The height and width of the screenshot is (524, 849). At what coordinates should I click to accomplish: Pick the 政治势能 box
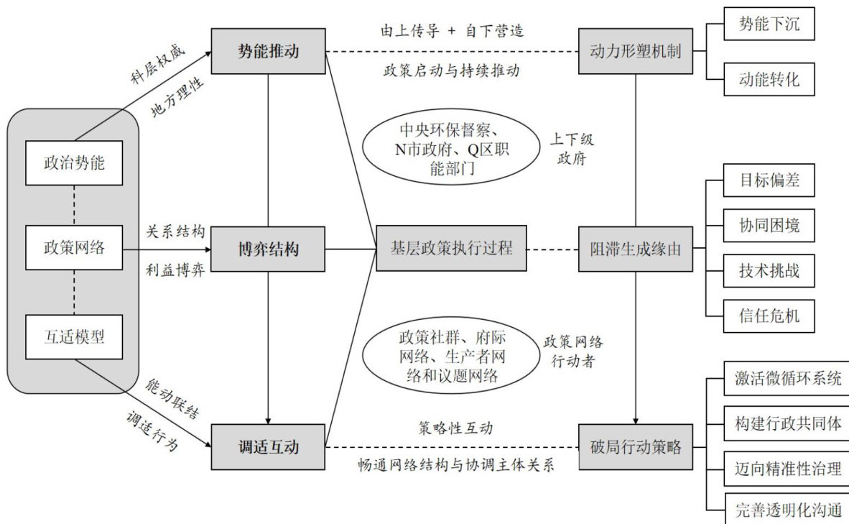pyautogui.click(x=74, y=162)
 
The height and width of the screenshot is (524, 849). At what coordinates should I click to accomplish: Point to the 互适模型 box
pyautogui.click(x=74, y=336)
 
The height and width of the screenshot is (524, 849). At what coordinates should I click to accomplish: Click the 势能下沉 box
pyautogui.click(x=769, y=25)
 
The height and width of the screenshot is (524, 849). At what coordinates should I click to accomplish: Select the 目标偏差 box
pyautogui.click(x=769, y=180)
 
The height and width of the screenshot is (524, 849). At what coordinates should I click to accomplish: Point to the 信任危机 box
pyautogui.click(x=769, y=315)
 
